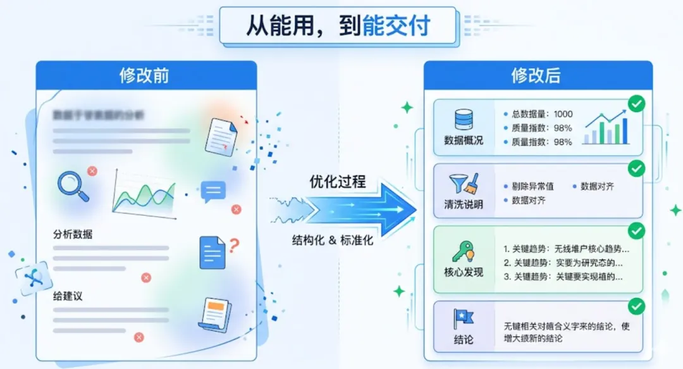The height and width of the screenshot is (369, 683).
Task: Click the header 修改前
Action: pyautogui.click(x=145, y=76)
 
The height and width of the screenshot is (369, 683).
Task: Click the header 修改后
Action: pyautogui.click(x=536, y=76)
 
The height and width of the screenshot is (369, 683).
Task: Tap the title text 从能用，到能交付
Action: pyautogui.click(x=338, y=26)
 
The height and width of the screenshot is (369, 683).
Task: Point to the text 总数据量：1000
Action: pyautogui.click(x=542, y=114)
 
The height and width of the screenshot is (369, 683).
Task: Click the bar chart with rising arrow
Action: pyautogui.click(x=606, y=127)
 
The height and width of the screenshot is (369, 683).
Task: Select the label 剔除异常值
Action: pyautogui.click(x=532, y=187)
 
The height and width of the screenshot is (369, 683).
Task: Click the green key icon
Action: pyautogui.click(x=464, y=252)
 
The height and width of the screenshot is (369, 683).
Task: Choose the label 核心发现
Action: pyautogui.click(x=464, y=273)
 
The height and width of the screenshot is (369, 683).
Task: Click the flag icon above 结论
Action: pyautogui.click(x=464, y=319)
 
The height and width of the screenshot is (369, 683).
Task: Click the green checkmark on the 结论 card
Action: pyautogui.click(x=636, y=308)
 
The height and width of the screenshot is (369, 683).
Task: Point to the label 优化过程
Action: pyautogui.click(x=338, y=182)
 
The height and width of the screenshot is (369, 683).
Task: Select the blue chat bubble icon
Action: pyautogui.click(x=213, y=191)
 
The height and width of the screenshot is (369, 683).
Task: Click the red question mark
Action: pyautogui.click(x=234, y=245)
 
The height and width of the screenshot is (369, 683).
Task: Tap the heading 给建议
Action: pyautogui.click(x=68, y=296)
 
